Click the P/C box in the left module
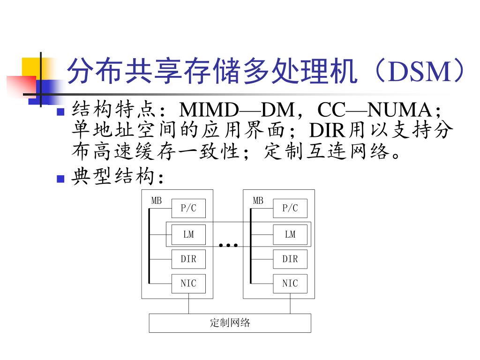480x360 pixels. [188, 209]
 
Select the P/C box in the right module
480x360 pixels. [290, 209]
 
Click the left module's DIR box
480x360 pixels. [188, 259]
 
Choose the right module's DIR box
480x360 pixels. [290, 259]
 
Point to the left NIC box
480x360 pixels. [188, 284]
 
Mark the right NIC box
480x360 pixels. [290, 284]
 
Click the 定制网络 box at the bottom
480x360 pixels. [230, 323]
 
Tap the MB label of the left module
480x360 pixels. [157, 201]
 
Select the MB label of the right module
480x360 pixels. [258, 201]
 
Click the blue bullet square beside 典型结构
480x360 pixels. [60, 179]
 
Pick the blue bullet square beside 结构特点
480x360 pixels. [60, 112]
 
